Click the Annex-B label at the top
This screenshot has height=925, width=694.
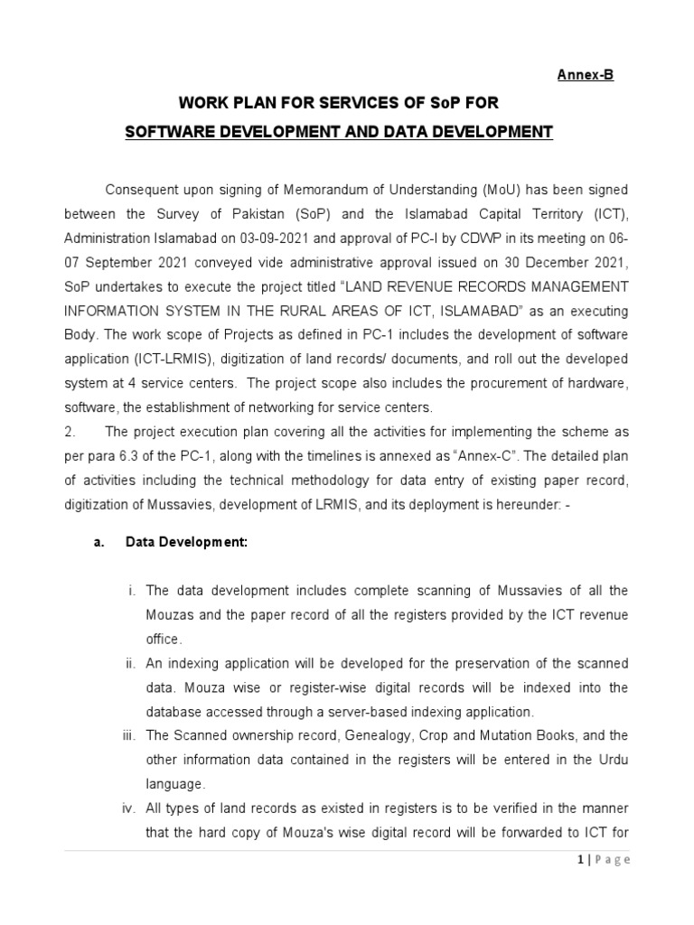coord(585,75)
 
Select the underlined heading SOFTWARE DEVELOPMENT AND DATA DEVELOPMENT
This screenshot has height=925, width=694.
coord(338,133)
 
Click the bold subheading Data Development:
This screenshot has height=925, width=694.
coord(185,543)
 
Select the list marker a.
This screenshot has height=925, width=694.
coord(98,543)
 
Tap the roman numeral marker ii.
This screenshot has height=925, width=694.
coord(130,664)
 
